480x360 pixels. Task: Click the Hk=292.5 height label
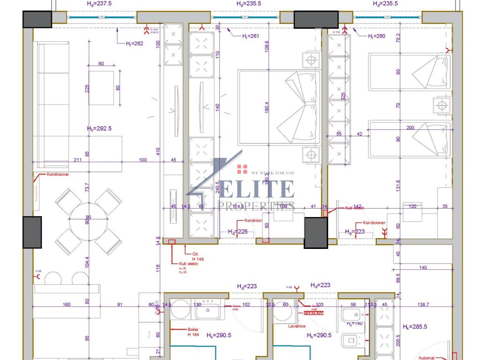click(x=99, y=128)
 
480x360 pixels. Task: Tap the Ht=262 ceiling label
click(x=134, y=44)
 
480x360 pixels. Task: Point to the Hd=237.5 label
click(x=99, y=3)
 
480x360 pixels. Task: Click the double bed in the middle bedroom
click(x=279, y=107)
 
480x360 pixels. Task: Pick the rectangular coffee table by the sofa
click(x=101, y=88)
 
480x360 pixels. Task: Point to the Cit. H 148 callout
click(x=197, y=256)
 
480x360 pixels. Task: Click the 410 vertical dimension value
click(x=158, y=151)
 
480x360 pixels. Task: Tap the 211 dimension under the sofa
click(x=78, y=160)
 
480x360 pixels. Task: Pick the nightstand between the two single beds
click(x=441, y=105)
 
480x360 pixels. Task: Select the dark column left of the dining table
click(x=32, y=232)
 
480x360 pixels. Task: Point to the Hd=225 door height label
click(x=238, y=232)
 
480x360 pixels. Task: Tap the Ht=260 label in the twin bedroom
click(x=376, y=36)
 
